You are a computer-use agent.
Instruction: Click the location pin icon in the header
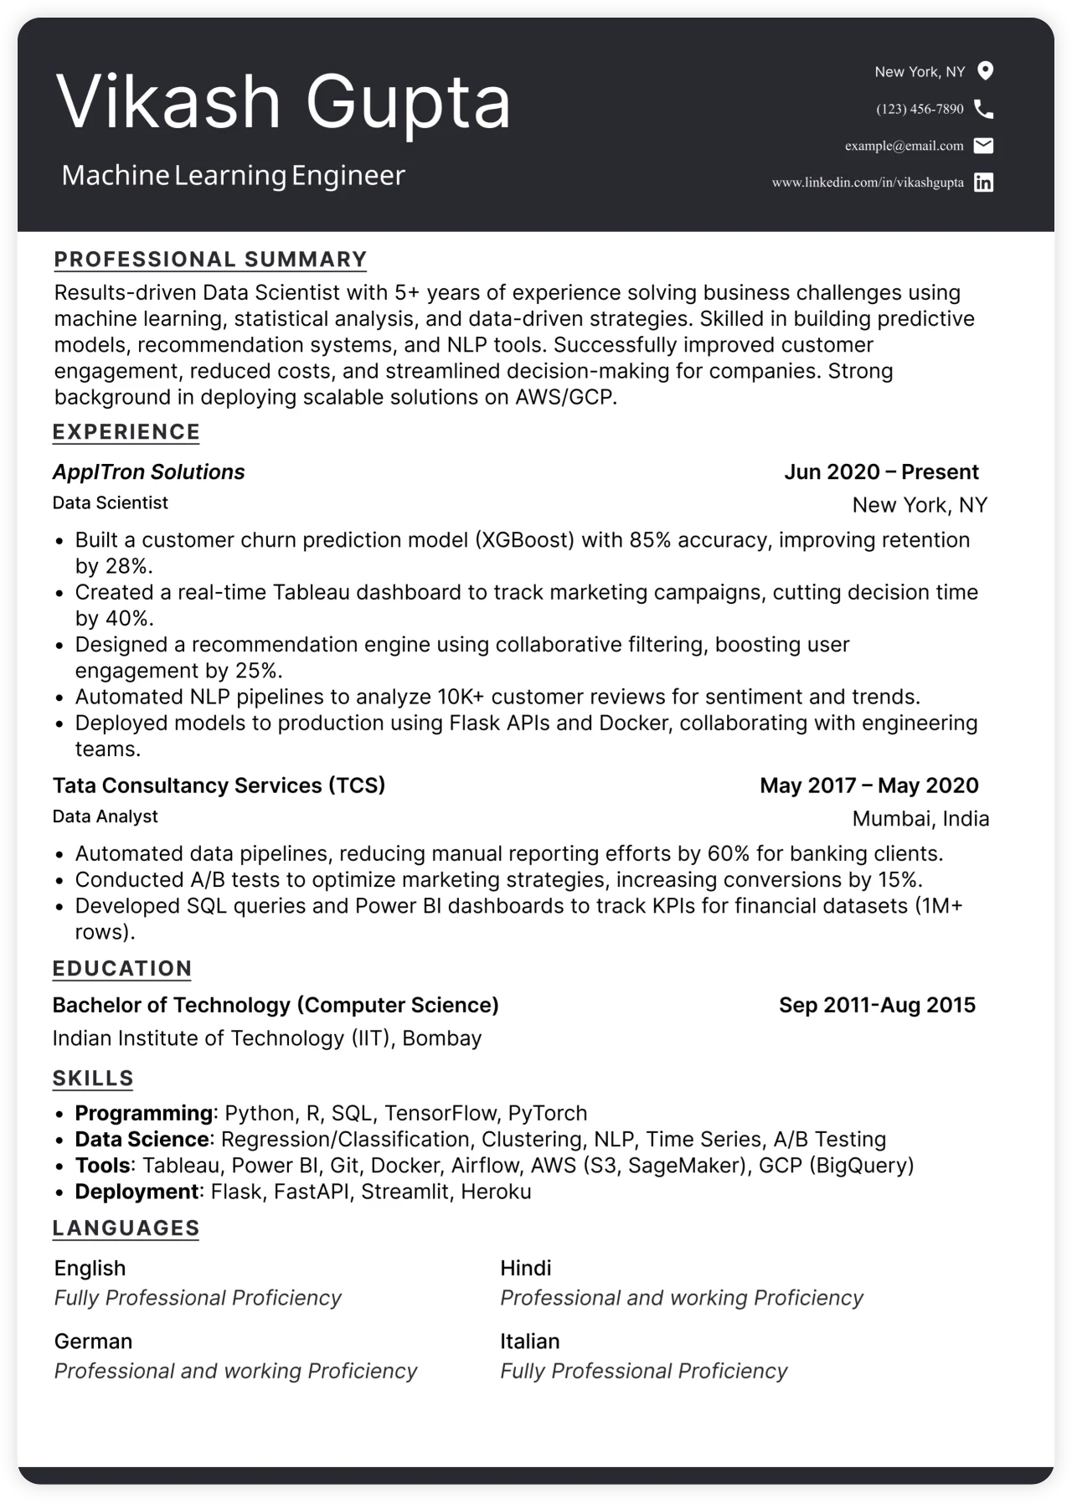click(986, 71)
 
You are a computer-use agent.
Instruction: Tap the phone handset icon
click(984, 109)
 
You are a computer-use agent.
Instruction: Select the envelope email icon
click(984, 146)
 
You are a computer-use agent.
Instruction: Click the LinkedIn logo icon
click(984, 183)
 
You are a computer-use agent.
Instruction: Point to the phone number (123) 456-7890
click(920, 109)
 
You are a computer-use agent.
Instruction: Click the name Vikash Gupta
click(283, 102)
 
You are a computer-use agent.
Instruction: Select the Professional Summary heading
click(210, 260)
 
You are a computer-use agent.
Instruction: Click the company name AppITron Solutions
click(148, 472)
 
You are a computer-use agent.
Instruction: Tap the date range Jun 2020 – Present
click(881, 472)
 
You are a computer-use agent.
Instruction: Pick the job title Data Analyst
click(105, 816)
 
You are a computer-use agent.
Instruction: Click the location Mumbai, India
click(920, 819)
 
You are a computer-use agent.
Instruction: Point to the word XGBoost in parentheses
click(524, 540)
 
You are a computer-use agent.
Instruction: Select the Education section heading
click(122, 969)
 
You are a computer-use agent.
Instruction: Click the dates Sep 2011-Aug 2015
click(877, 1006)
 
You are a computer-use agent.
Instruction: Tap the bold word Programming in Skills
click(143, 1114)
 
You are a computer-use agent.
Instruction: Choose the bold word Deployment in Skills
click(137, 1192)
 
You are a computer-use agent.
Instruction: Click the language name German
click(93, 1342)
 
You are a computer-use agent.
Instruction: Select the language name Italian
click(529, 1342)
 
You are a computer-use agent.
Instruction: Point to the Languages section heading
click(126, 1228)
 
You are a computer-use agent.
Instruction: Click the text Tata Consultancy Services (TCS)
click(219, 785)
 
